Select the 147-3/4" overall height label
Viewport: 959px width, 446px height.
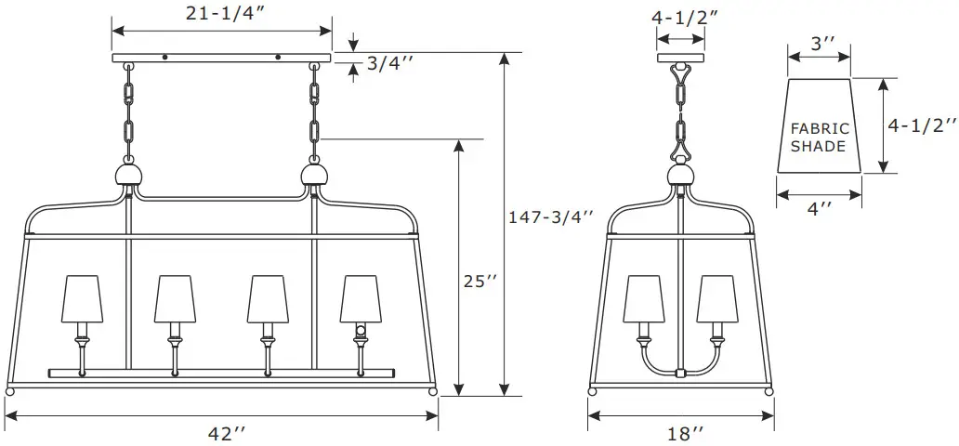551,216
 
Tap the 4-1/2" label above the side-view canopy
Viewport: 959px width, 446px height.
683,17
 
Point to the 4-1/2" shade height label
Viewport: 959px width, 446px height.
920,125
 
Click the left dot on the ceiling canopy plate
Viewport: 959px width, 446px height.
165,58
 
